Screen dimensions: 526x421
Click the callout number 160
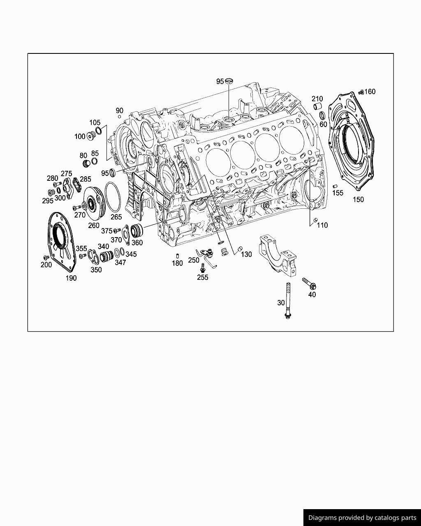click(370, 92)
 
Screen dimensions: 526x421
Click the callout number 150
click(358, 199)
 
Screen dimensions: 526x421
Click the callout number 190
click(71, 278)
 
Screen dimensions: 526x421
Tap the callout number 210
click(317, 99)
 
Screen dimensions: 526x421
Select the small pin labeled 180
click(177, 256)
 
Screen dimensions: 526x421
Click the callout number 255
click(203, 277)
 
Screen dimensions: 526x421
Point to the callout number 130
click(246, 254)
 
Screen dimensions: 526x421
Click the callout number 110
click(322, 225)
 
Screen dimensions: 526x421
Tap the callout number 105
click(95, 122)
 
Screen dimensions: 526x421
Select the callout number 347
click(120, 262)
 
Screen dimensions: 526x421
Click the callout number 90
click(119, 111)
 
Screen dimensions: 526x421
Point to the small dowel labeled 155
click(335, 187)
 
